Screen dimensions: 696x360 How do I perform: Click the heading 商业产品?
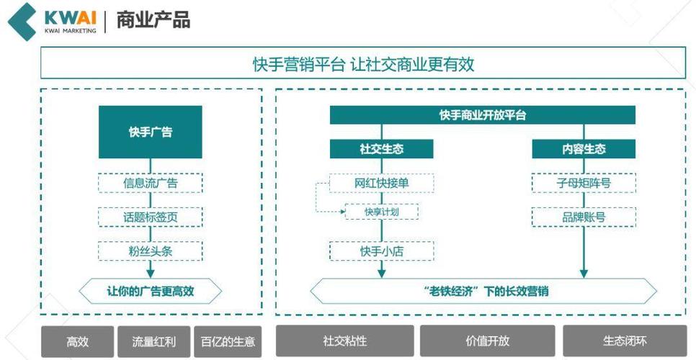pyautogui.click(x=153, y=20)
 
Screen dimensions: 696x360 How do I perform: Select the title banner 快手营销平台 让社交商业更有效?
pyautogui.click(x=363, y=63)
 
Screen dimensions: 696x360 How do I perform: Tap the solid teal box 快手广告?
pyautogui.click(x=150, y=132)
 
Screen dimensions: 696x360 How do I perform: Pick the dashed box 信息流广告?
pyautogui.click(x=150, y=183)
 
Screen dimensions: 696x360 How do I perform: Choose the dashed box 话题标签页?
pyautogui.click(x=150, y=217)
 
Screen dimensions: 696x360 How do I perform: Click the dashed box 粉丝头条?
pyautogui.click(x=150, y=251)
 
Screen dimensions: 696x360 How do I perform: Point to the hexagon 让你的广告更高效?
pyautogui.click(x=150, y=291)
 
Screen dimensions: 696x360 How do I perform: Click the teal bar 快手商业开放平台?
pyautogui.click(x=483, y=115)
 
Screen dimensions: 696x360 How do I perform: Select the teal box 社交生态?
pyautogui.click(x=381, y=149)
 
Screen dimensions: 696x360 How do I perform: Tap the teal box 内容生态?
pyautogui.click(x=584, y=149)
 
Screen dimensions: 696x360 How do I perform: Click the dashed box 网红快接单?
pyautogui.click(x=381, y=183)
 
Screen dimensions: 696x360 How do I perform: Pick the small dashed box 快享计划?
pyautogui.click(x=382, y=212)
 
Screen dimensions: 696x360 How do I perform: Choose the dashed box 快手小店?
pyautogui.click(x=381, y=251)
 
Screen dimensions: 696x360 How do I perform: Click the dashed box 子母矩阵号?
pyautogui.click(x=584, y=183)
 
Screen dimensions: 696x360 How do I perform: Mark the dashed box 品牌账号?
pyautogui.click(x=584, y=217)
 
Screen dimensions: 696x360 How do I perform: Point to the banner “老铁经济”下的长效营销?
pyautogui.click(x=483, y=291)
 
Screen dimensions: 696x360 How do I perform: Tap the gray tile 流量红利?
pyautogui.click(x=153, y=341)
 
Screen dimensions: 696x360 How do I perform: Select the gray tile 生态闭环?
pyautogui.click(x=625, y=341)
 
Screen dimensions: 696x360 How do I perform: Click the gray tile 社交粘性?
pyautogui.click(x=345, y=341)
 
